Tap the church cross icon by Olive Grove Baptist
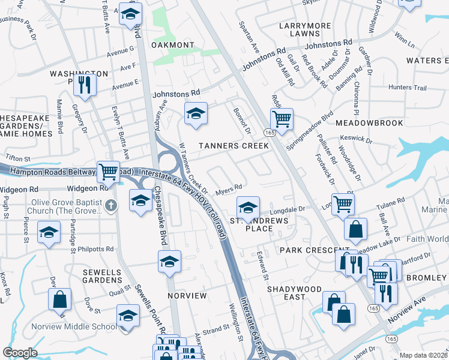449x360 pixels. pos(110,206)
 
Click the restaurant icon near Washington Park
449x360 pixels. pos(85,85)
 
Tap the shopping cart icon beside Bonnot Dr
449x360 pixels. pos(281,118)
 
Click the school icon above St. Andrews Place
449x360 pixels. pos(248,207)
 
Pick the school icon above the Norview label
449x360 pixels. pos(169,261)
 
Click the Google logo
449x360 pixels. pos(20,353)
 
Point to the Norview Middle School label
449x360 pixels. pos(80,327)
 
